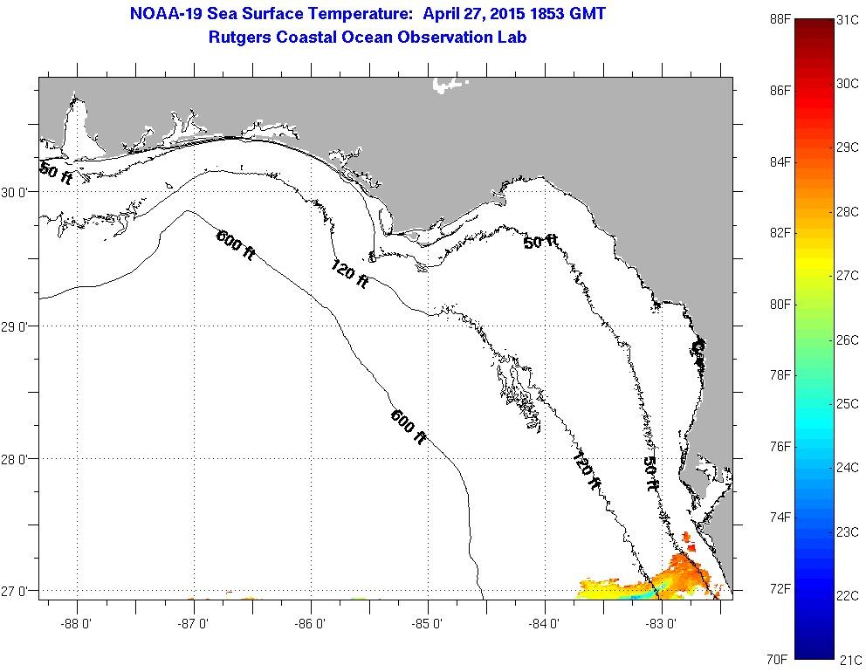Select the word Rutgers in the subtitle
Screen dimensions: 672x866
[x=240, y=38]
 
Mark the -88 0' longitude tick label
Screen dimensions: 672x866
[x=77, y=624]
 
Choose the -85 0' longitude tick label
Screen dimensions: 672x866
[x=429, y=624]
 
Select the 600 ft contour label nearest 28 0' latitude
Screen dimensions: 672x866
[x=409, y=428]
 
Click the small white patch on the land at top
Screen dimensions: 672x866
[x=449, y=86]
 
